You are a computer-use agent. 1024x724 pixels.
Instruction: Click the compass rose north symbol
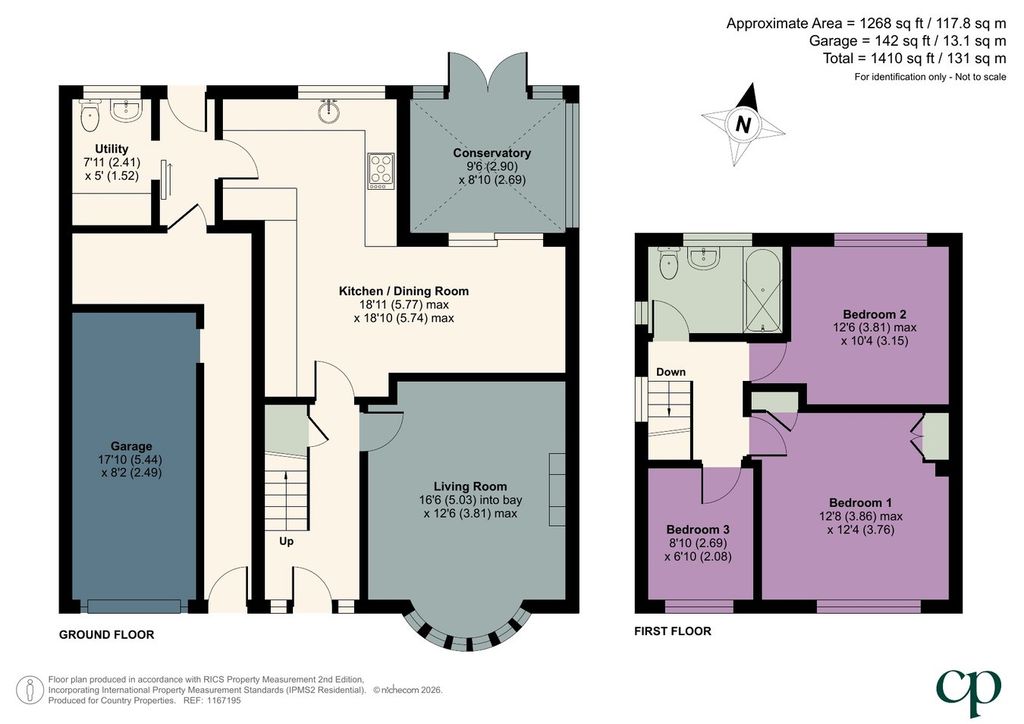coord(743,124)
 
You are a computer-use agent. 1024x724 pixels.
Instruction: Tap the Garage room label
coord(131,447)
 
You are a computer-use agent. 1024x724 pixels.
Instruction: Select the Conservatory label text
coord(492,153)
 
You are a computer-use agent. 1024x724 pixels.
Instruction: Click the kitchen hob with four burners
coord(381,171)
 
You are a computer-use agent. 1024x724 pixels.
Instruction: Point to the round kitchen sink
coord(328,112)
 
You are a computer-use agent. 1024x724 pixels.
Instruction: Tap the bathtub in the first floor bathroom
coord(763,289)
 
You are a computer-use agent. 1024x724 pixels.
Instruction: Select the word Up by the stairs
coord(286,541)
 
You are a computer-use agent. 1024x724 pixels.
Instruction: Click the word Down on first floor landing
coord(671,372)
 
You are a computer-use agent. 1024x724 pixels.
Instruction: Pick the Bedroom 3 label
coord(697,529)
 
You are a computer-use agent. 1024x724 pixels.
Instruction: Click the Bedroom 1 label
coord(860,503)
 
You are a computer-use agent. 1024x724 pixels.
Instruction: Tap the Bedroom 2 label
coord(874,314)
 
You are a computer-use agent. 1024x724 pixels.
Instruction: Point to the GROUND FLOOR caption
coord(106,635)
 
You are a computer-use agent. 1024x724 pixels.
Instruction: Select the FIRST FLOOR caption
coord(673,631)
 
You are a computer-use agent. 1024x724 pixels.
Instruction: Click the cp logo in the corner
coord(968,692)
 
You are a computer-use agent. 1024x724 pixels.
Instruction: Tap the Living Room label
coord(470,486)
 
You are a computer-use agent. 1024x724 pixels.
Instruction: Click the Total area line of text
coord(915,58)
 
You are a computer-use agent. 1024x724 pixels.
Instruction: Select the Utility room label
coord(112,149)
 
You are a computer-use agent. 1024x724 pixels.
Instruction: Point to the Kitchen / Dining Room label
coord(404,291)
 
